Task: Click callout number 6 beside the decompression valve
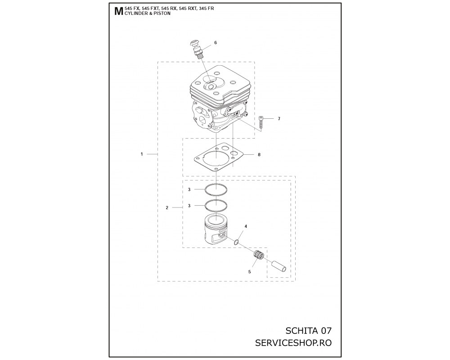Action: point(216,43)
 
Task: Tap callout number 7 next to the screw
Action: point(279,118)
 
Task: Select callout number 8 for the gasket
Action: point(259,155)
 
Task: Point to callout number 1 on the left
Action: point(141,154)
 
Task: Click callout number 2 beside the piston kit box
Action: point(167,207)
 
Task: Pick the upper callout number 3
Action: point(189,189)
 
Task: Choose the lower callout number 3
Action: point(189,206)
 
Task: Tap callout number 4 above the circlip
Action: point(246,226)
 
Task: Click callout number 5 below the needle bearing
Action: point(249,272)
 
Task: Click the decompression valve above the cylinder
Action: point(197,49)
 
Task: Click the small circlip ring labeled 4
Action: point(236,242)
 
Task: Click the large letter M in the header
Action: point(118,12)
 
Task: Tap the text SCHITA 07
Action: point(309,331)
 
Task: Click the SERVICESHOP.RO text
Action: point(293,343)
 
